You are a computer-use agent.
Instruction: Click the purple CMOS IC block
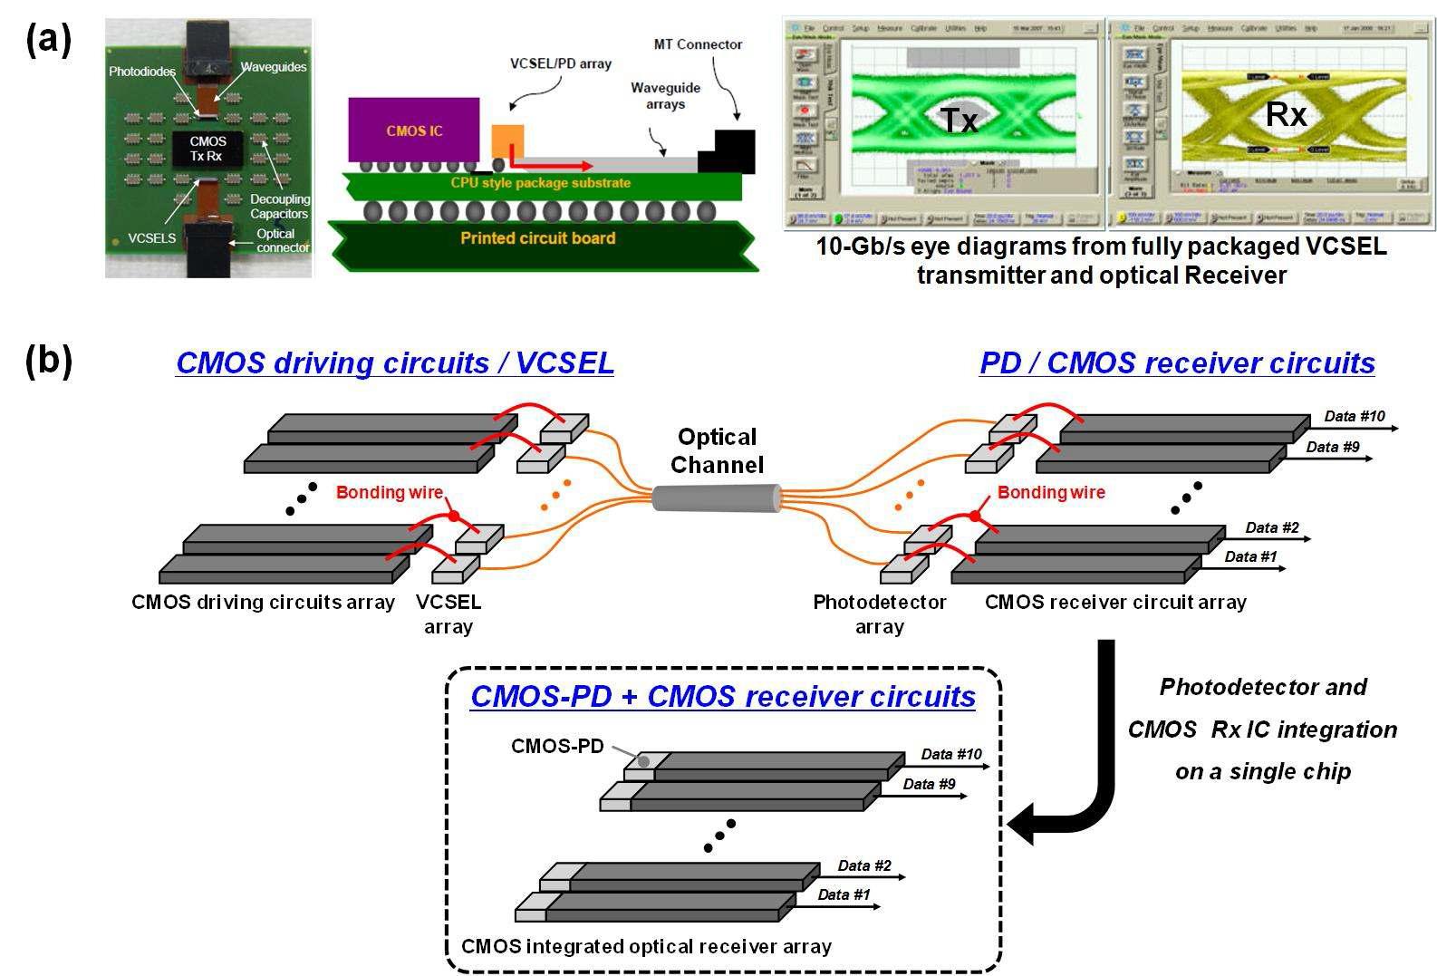pyautogui.click(x=413, y=130)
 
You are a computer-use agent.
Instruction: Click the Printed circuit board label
pyautogui.click(x=537, y=238)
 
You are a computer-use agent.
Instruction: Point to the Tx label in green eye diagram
pyautogui.click(x=959, y=119)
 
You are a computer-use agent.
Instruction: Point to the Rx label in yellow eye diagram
pyautogui.click(x=1285, y=114)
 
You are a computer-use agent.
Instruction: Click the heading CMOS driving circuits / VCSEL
pyautogui.click(x=394, y=362)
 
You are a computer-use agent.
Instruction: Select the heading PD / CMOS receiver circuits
pyautogui.click(x=1177, y=362)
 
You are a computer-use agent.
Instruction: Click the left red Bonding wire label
pyautogui.click(x=389, y=492)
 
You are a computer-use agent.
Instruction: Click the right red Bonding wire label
pyautogui.click(x=1051, y=492)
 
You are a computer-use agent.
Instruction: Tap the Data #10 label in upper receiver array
pyautogui.click(x=1355, y=416)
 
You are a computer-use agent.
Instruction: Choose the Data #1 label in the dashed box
pyautogui.click(x=844, y=894)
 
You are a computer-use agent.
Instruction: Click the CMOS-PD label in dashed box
pyautogui.click(x=557, y=746)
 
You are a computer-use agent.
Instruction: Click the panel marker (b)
pyautogui.click(x=49, y=360)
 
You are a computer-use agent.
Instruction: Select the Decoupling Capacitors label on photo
pyautogui.click(x=280, y=207)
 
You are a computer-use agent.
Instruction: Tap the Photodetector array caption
pyautogui.click(x=879, y=614)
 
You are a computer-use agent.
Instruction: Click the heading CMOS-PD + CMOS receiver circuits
pyautogui.click(x=723, y=696)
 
